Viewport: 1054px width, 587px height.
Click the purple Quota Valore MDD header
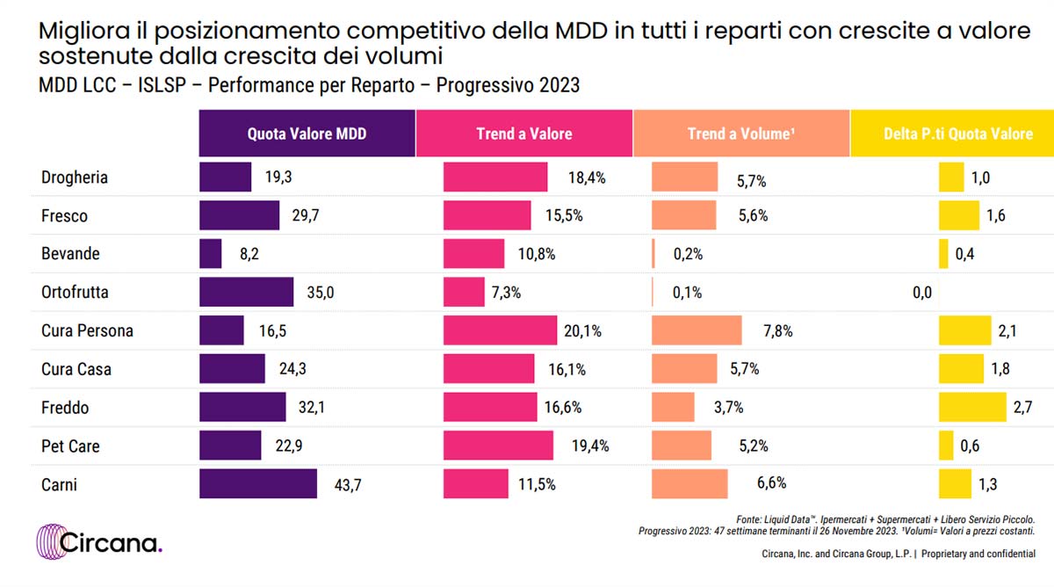[307, 134]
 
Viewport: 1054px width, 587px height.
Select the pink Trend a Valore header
[523, 134]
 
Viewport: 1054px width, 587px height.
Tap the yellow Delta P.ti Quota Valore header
[957, 134]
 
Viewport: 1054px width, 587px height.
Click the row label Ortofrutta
[75, 293]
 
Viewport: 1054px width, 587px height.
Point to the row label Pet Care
[70, 446]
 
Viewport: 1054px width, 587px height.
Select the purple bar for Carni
[258, 483]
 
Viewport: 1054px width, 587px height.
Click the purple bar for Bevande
[211, 254]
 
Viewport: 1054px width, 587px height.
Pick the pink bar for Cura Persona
[500, 330]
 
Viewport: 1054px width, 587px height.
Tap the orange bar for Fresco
[684, 215]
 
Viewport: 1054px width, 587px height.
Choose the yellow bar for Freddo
[972, 407]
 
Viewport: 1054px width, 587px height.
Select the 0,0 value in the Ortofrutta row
[921, 293]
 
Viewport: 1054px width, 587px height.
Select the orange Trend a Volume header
[740, 134]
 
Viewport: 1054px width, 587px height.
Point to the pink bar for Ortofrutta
[464, 292]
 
